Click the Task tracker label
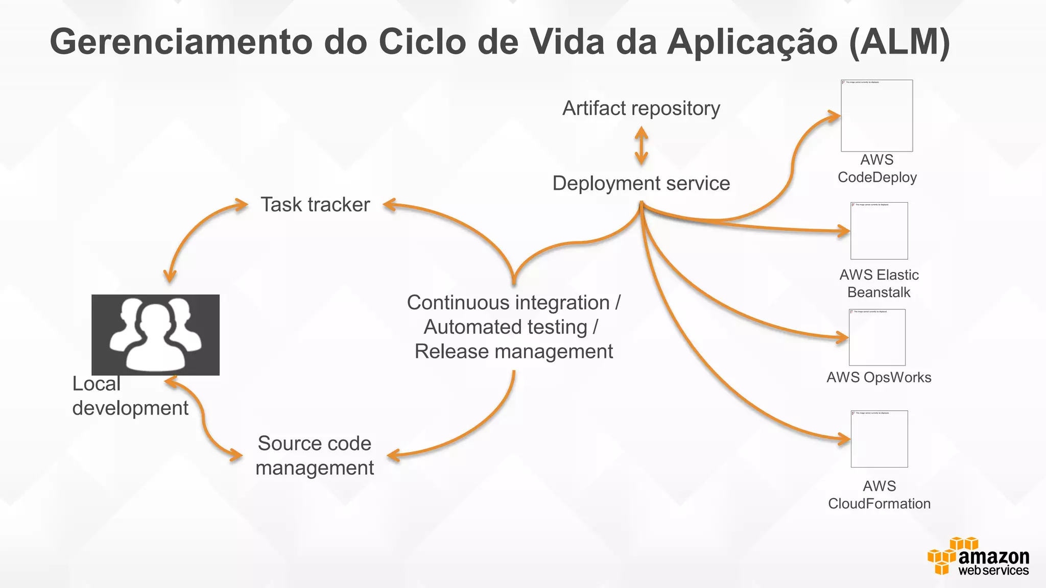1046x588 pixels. [x=315, y=205]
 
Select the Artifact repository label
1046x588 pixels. [x=641, y=108]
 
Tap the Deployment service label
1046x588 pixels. [x=641, y=183]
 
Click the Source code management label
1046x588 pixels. [x=315, y=455]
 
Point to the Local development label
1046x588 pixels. [x=130, y=396]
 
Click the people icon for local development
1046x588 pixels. [x=155, y=335]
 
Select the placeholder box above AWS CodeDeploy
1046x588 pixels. [x=876, y=115]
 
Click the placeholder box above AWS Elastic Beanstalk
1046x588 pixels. [x=879, y=231]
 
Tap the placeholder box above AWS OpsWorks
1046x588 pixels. [x=877, y=337]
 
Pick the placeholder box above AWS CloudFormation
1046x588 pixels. [x=879, y=439]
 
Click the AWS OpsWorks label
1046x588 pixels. [x=878, y=377]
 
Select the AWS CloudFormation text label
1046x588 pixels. [x=879, y=495]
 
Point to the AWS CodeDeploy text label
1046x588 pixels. [x=877, y=168]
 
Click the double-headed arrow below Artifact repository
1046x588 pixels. [x=641, y=146]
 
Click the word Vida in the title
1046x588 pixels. [x=566, y=41]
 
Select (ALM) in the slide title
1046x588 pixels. [x=899, y=41]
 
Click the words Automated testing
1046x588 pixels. [x=505, y=327]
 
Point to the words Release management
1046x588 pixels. [x=513, y=352]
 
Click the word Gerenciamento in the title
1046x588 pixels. [x=181, y=41]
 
